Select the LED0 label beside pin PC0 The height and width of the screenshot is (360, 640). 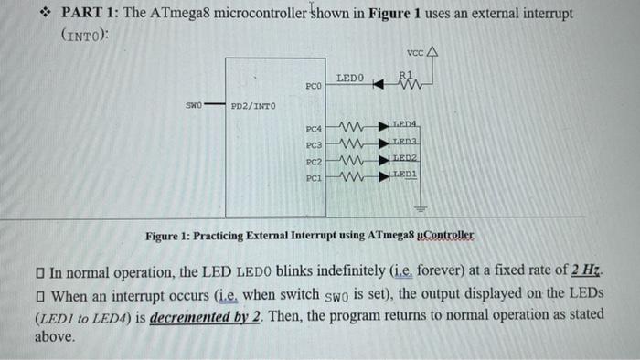(x=350, y=79)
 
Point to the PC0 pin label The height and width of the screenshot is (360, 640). (x=314, y=86)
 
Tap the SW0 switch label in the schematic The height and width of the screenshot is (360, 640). (x=193, y=105)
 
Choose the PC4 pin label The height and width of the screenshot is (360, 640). (x=314, y=130)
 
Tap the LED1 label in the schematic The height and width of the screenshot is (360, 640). (x=405, y=172)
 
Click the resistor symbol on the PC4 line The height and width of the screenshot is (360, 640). (x=352, y=128)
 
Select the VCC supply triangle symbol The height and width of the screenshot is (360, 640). (x=433, y=53)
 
